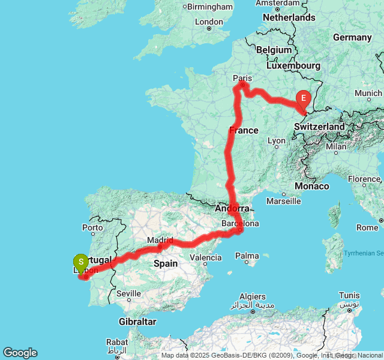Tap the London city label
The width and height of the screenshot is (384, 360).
(x=209, y=22)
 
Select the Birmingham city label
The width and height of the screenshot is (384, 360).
(x=210, y=7)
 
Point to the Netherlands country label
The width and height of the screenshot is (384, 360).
(x=289, y=17)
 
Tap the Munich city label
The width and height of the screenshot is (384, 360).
(x=368, y=93)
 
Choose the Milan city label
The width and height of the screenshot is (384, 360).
(x=337, y=146)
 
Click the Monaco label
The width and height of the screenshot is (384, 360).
(x=311, y=186)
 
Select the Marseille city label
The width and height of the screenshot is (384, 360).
(x=283, y=201)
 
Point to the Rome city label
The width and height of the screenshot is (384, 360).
(x=367, y=227)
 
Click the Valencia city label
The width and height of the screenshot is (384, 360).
(x=205, y=257)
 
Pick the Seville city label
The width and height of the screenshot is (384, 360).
(x=128, y=293)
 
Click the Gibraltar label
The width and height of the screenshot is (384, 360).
(x=137, y=322)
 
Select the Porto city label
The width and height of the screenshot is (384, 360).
(x=92, y=227)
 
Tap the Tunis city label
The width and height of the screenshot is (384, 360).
(x=349, y=295)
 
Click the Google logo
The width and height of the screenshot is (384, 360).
(x=20, y=353)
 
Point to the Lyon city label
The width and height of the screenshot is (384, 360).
(x=277, y=141)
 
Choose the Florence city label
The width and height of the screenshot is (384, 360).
(x=364, y=179)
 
